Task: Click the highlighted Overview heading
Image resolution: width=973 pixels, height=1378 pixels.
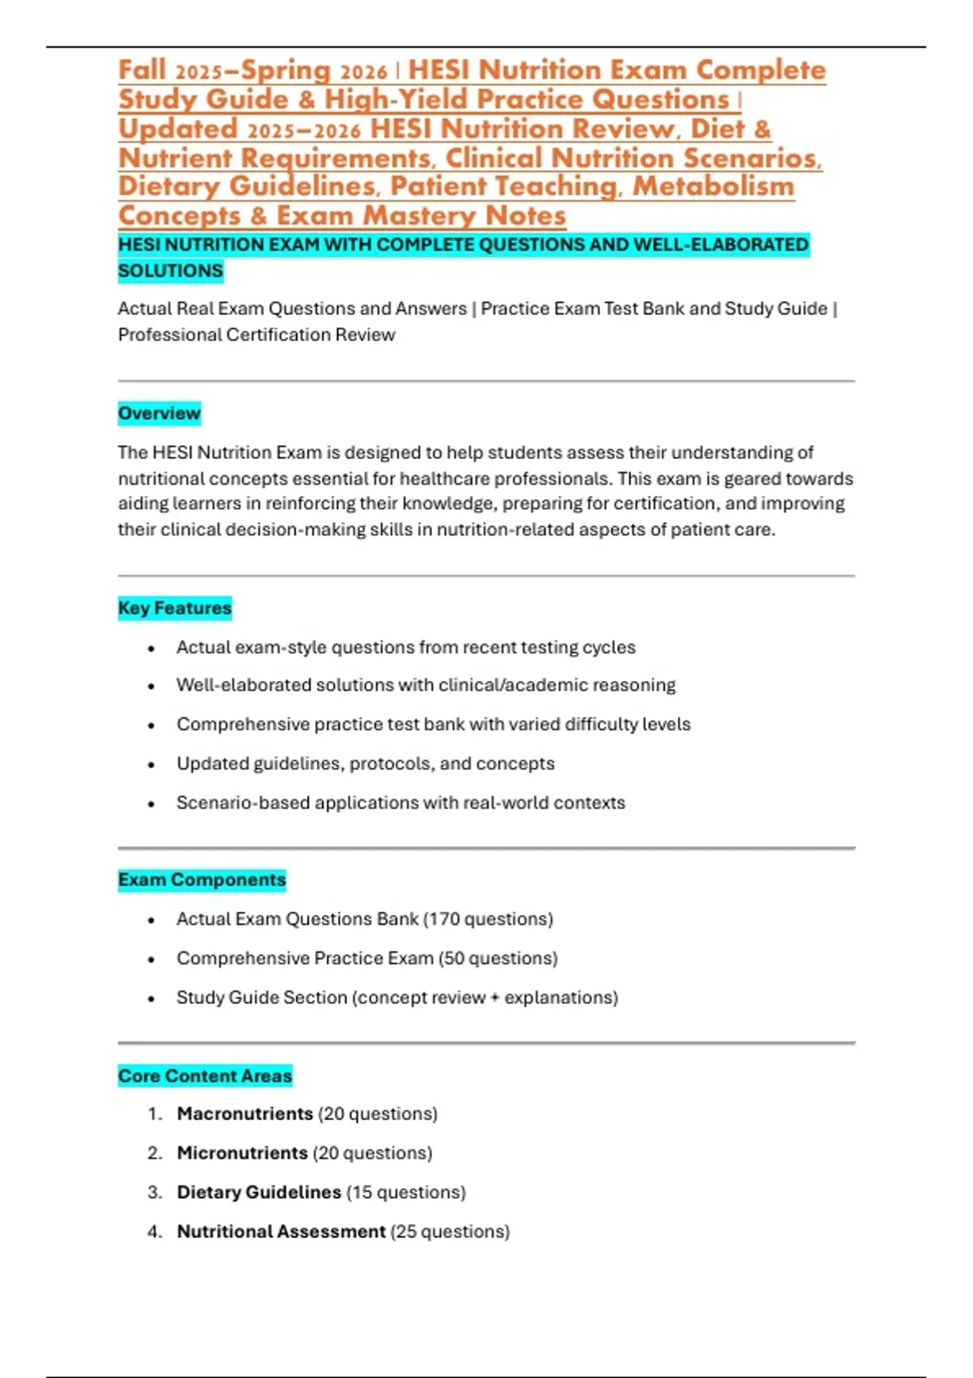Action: point(159,413)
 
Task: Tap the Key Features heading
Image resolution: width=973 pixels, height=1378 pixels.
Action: point(174,608)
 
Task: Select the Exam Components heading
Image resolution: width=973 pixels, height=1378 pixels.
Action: point(202,879)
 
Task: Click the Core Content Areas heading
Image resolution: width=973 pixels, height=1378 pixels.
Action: point(204,1076)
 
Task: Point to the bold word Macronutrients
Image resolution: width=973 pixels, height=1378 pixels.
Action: point(245,1114)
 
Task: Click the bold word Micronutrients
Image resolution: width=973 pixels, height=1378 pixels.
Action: point(242,1153)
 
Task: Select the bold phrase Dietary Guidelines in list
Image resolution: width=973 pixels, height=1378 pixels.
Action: point(259,1192)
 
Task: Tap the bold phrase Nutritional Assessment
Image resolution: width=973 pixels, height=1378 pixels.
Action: point(281,1231)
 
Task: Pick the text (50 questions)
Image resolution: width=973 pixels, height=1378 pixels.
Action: point(498,958)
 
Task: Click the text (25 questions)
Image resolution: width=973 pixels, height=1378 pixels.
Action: point(450,1231)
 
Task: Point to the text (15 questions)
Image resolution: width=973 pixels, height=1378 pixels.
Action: point(406,1192)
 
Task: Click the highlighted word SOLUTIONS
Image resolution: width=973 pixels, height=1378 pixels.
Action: point(170,271)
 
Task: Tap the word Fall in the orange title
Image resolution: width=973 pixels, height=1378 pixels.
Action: point(142,70)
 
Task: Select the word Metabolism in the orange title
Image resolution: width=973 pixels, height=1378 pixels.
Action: point(713,186)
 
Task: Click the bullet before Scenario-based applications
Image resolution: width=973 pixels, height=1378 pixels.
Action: point(152,804)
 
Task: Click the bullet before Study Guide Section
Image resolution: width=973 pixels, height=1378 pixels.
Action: point(152,999)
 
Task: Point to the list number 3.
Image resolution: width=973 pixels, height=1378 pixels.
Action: point(154,1192)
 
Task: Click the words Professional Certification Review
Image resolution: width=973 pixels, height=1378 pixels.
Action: point(256,335)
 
